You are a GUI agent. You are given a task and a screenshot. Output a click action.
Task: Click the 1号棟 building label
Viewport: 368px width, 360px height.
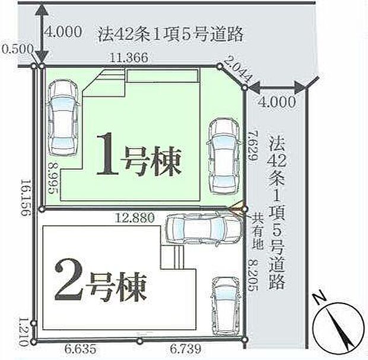click(x=139, y=156)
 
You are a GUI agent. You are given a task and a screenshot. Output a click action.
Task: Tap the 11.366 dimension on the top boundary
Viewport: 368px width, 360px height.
click(x=128, y=57)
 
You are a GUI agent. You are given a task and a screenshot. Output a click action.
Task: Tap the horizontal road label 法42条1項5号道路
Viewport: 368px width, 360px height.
click(x=170, y=34)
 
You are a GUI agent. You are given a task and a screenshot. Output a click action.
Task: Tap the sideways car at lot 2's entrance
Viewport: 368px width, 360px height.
click(x=196, y=228)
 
